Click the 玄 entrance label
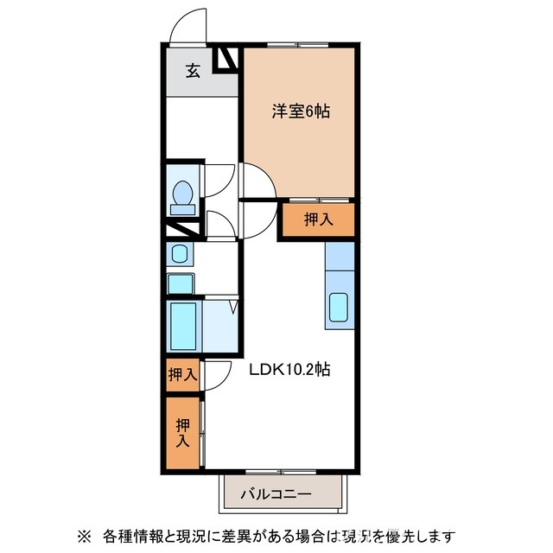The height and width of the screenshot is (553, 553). pos(193,72)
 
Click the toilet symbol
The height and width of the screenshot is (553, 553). pos(183,196)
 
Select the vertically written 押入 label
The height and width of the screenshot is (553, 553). pos(182,433)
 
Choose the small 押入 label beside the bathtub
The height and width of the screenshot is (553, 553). pos(182,375)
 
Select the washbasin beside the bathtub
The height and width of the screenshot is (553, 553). pos(181,283)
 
